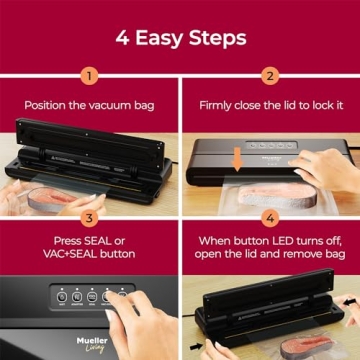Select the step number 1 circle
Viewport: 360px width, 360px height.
(x=90, y=76)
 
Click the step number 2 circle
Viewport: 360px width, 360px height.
(x=270, y=76)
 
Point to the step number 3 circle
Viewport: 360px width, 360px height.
(x=90, y=216)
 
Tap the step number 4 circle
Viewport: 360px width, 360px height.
(x=270, y=216)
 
